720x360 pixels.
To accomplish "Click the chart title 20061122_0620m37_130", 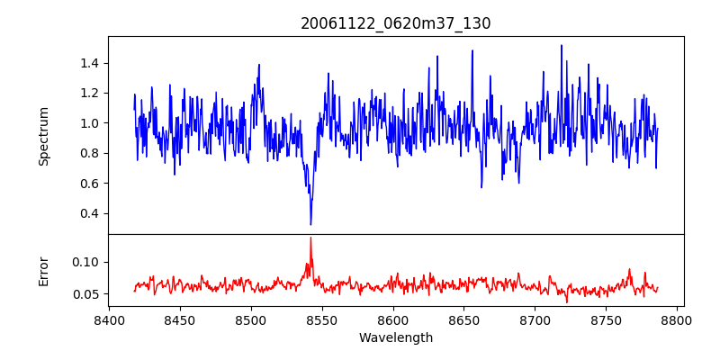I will point(396,23).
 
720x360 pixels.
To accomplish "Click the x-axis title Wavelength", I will point(396,338).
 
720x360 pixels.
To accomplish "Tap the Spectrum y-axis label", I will point(44,136).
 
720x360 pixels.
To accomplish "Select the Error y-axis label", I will point(44,271).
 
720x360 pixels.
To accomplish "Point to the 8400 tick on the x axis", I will point(109,319).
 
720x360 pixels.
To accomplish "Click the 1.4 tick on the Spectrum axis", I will point(89,63).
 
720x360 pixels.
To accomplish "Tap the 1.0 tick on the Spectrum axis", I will point(89,123).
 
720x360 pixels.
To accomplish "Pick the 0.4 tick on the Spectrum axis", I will point(89,213).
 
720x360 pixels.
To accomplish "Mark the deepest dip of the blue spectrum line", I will point(310,224).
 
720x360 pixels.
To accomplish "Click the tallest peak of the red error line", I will point(310,238).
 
